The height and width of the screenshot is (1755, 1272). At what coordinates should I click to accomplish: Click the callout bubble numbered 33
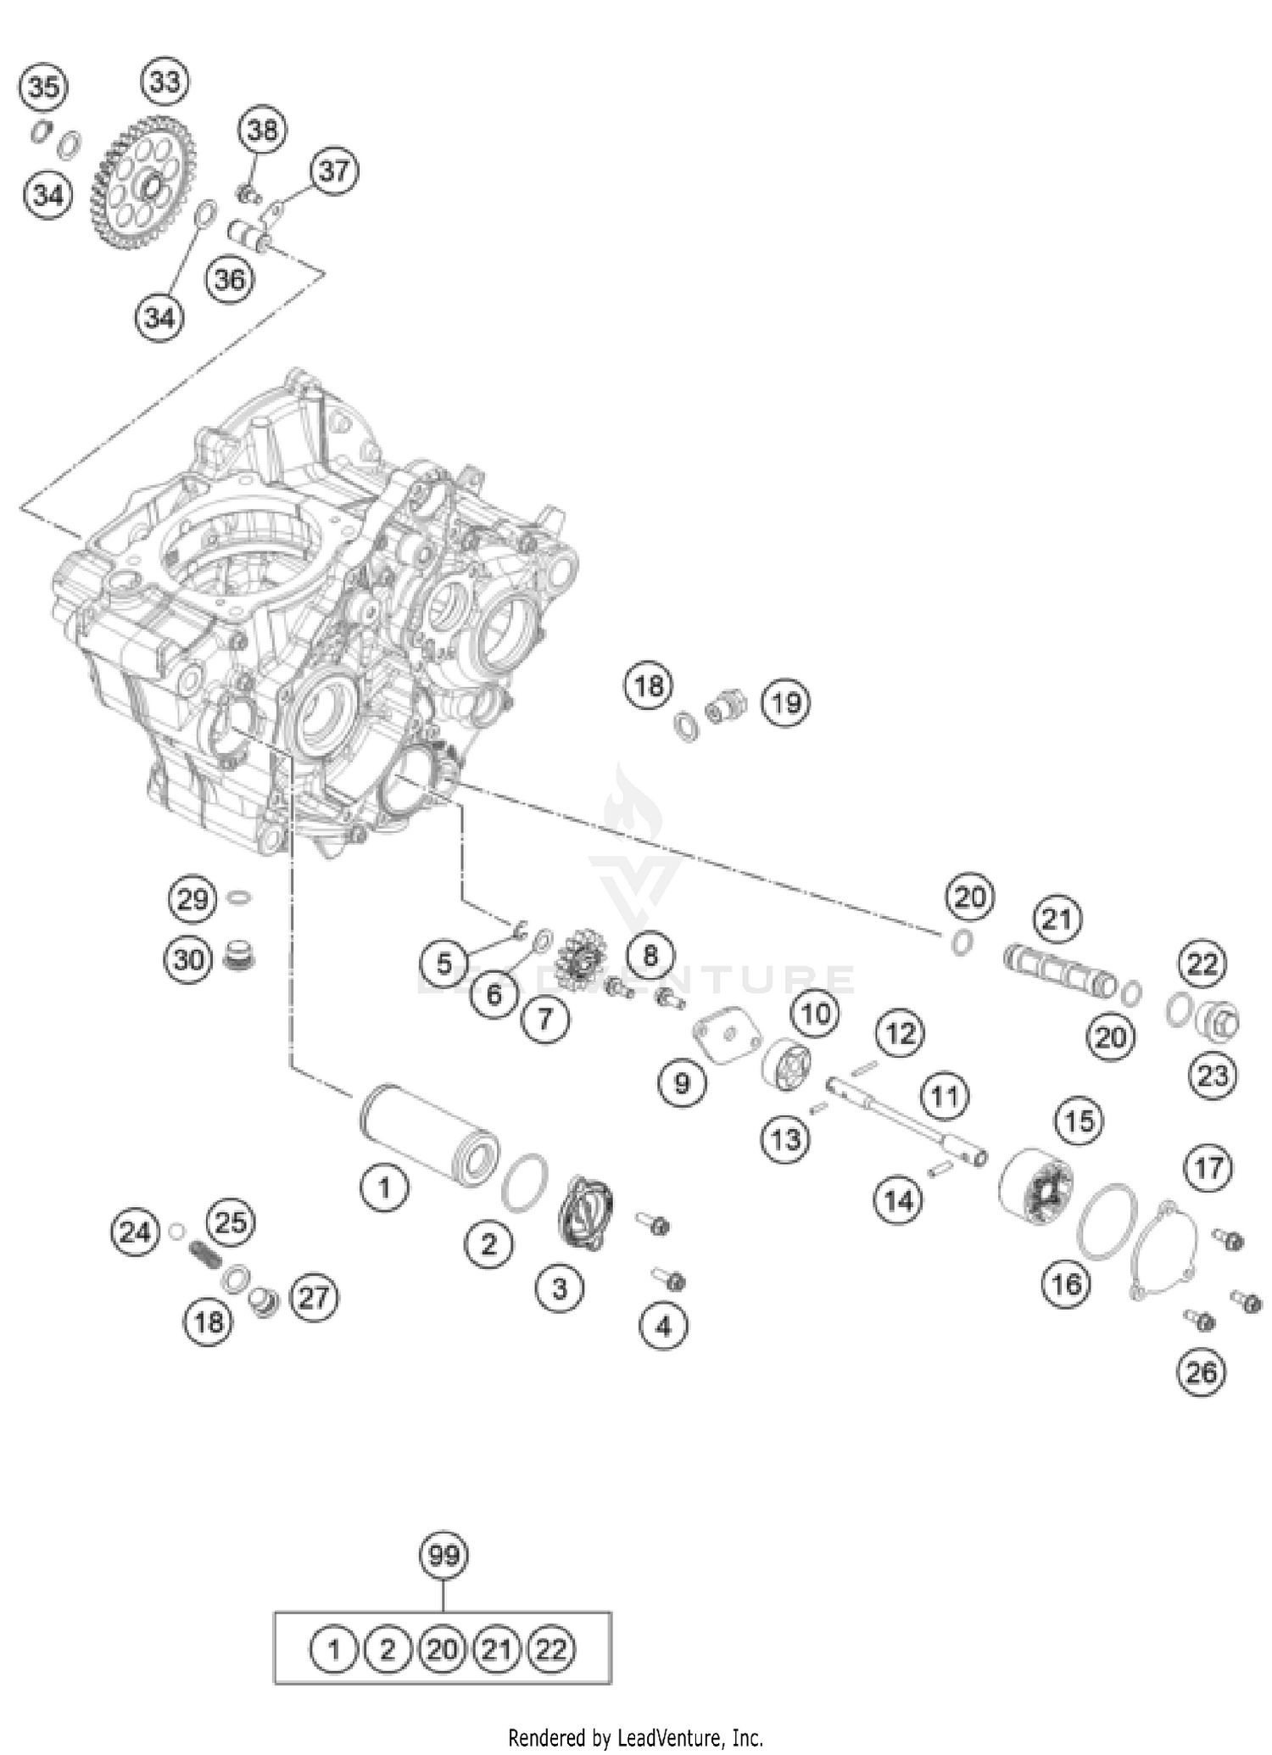pos(165,81)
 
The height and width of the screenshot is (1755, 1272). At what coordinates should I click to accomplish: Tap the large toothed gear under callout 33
pos(142,184)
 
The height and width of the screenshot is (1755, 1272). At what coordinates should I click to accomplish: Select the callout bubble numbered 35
pos(44,87)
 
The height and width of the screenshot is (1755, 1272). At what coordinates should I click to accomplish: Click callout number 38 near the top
pos(262,130)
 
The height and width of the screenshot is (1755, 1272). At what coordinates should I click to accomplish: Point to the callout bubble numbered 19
pos(785,702)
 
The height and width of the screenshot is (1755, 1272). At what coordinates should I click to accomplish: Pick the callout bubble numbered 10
pos(816,1013)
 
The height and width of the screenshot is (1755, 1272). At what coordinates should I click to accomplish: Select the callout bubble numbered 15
pos(1080,1121)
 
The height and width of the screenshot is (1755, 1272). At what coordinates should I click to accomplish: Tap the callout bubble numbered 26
pos(1202,1372)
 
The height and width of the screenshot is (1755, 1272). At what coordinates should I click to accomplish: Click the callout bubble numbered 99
pos(444,1556)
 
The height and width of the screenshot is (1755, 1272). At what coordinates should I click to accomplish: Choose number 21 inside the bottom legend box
pos(497,1650)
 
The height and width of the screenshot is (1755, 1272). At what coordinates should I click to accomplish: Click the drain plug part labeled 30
pos(239,958)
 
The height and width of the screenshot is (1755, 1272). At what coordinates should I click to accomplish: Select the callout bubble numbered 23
pos(1213,1076)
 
